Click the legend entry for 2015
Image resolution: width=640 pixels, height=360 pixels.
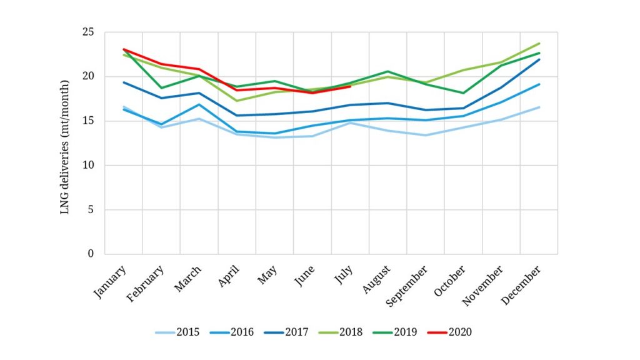point(177,332)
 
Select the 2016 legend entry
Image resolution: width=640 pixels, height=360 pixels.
point(232,332)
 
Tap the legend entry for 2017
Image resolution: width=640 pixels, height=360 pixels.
point(287,332)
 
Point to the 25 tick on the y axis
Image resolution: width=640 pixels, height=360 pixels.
point(91,32)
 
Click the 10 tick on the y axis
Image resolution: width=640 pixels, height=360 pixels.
point(91,166)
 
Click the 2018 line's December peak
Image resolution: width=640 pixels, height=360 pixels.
point(539,43)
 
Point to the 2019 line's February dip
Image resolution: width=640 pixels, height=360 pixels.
point(161,88)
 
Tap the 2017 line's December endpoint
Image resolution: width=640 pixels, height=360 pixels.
point(539,59)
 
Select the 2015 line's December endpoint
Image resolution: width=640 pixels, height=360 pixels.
point(539,107)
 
